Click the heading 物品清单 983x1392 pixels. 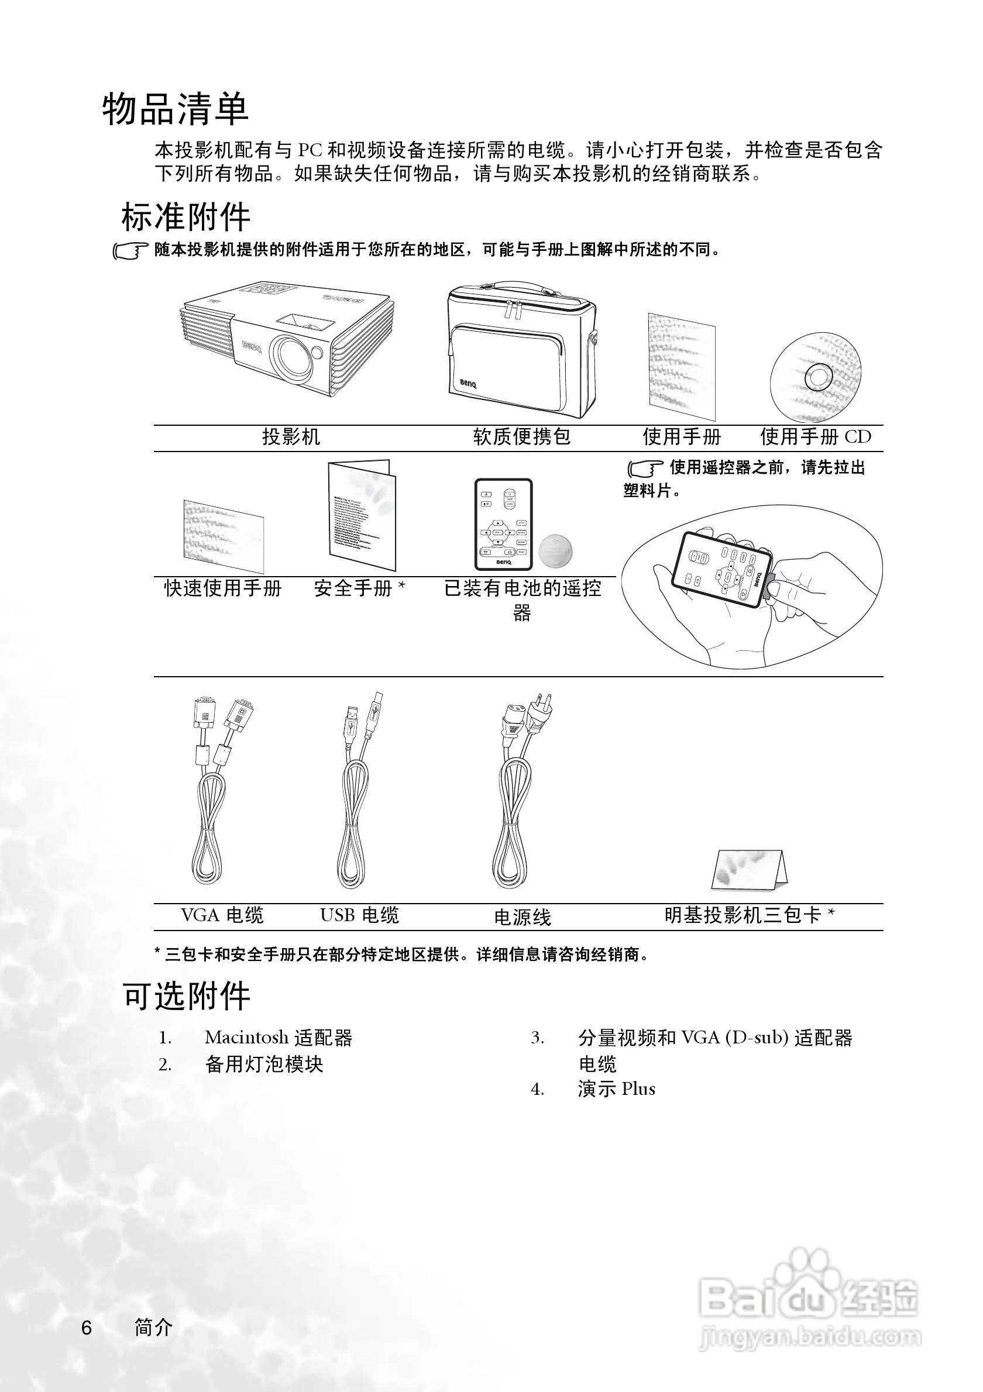[176, 110]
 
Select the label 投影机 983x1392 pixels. [290, 436]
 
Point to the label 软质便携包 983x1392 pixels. [521, 436]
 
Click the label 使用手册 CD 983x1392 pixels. [815, 436]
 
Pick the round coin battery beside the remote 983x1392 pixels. [555, 550]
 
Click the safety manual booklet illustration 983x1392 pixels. [362, 515]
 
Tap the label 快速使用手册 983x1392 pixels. [222, 588]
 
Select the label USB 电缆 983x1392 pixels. [360, 915]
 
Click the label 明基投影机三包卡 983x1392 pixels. [749, 915]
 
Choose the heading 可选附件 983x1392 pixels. [187, 995]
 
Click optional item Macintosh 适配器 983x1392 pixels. [279, 1038]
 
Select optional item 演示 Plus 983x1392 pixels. [616, 1089]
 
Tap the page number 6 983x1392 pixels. [87, 1328]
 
